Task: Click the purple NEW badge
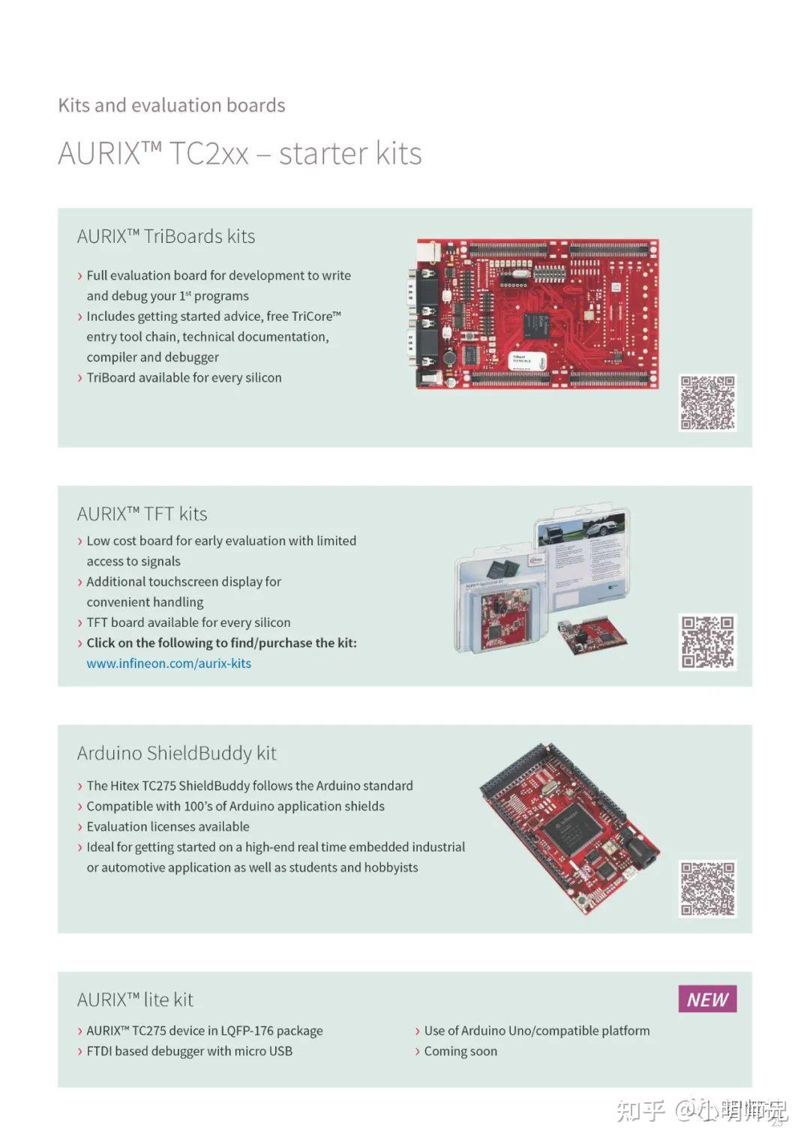point(707,999)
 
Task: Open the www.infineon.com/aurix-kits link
point(169,664)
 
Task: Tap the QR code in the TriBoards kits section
point(707,403)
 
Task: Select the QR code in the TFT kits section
point(707,642)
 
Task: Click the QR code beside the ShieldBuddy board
point(707,889)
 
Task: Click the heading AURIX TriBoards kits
point(166,236)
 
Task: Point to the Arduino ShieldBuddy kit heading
point(176,753)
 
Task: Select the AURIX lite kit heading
point(135,1000)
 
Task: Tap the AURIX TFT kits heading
point(142,514)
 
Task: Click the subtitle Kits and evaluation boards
point(172,105)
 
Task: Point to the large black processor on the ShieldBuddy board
point(571,830)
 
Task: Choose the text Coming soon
point(460,1051)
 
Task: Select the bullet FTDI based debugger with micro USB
point(189,1051)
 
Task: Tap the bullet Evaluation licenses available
point(168,826)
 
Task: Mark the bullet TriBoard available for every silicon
point(184,378)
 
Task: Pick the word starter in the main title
point(324,154)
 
